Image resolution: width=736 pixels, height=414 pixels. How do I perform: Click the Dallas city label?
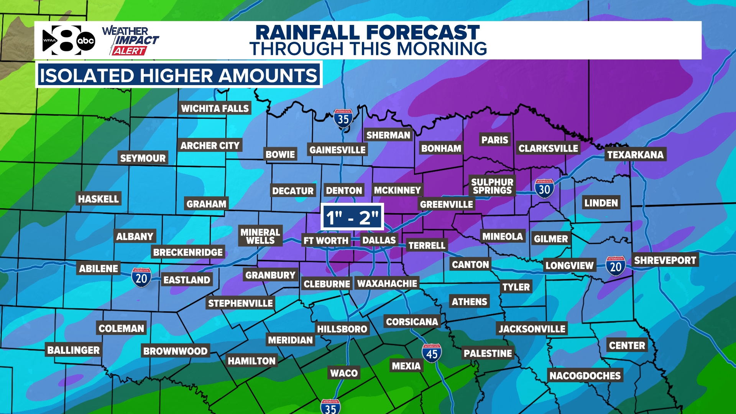click(x=379, y=240)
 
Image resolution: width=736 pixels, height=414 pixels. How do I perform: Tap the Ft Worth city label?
click(x=326, y=241)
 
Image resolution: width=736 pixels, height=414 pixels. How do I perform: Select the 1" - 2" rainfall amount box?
click(x=352, y=217)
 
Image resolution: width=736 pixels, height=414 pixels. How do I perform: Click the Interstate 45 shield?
click(x=432, y=353)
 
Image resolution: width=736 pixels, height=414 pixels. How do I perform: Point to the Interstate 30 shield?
click(x=544, y=189)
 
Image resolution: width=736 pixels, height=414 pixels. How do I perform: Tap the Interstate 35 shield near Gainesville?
click(x=343, y=119)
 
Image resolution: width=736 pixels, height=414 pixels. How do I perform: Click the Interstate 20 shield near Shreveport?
click(x=616, y=266)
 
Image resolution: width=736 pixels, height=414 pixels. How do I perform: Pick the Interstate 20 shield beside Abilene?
click(x=141, y=278)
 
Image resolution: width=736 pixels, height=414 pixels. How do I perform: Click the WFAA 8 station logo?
click(x=61, y=40)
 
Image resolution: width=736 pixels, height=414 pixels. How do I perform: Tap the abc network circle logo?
click(x=86, y=41)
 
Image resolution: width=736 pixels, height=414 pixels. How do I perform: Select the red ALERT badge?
click(x=129, y=51)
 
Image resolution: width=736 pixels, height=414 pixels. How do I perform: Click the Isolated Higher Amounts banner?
click(x=179, y=75)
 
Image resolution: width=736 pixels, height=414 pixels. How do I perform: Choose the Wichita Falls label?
click(x=215, y=108)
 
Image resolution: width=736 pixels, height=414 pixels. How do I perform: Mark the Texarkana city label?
click(x=635, y=154)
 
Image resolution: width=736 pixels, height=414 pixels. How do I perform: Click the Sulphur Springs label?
click(x=492, y=186)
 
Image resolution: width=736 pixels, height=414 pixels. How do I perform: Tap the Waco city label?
click(x=344, y=373)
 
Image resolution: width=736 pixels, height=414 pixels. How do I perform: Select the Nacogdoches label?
click(x=585, y=376)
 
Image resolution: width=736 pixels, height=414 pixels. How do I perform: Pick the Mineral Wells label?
click(x=260, y=236)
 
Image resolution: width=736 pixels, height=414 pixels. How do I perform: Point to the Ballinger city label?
click(x=73, y=350)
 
